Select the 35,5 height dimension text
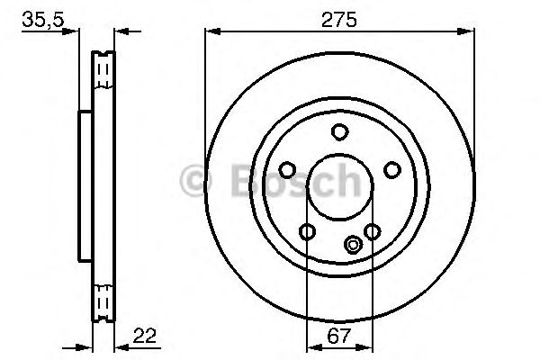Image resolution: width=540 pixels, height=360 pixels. (x=41, y=17)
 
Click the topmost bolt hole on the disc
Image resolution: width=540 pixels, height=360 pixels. (x=339, y=133)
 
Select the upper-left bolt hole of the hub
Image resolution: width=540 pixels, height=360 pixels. (x=287, y=169)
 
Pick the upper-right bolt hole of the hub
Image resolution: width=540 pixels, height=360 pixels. (x=391, y=169)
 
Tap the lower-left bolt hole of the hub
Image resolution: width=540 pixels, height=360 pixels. (x=307, y=232)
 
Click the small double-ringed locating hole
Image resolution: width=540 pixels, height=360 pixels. (x=353, y=243)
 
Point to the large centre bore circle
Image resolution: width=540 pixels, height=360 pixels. (x=338, y=187)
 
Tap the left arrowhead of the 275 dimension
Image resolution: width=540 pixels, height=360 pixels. (x=211, y=31)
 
